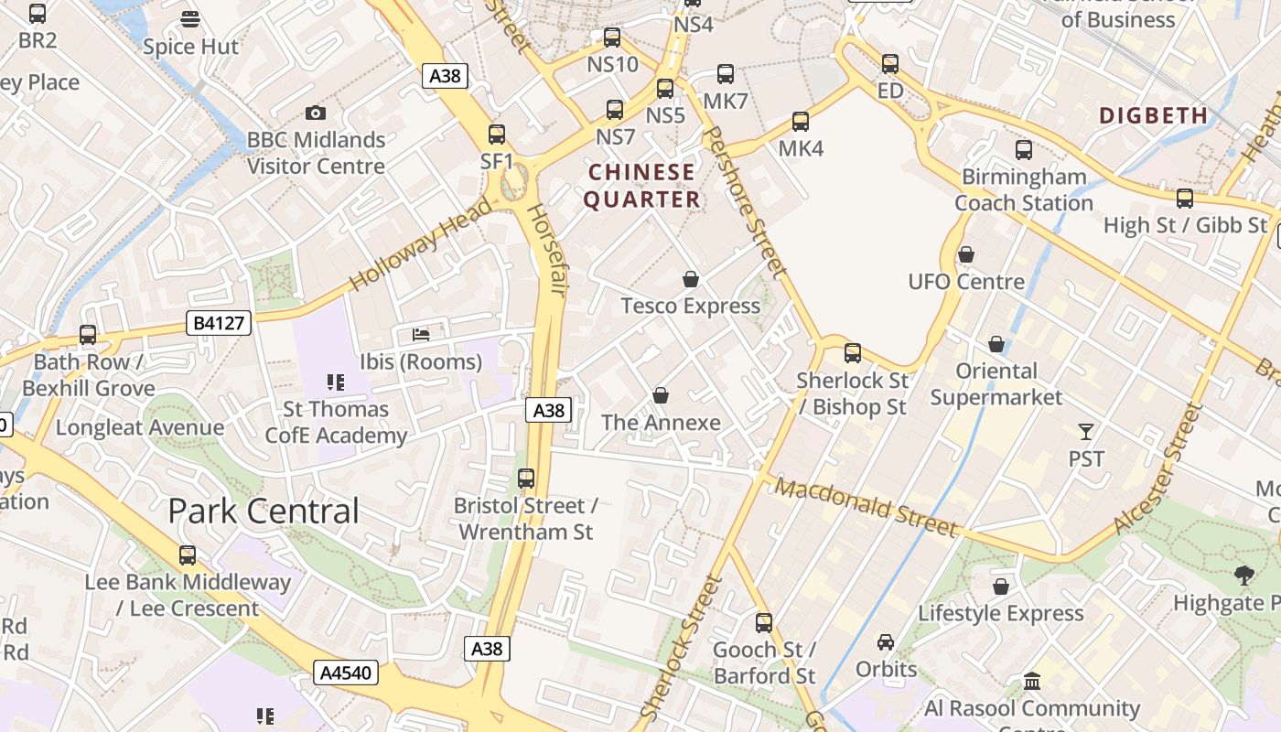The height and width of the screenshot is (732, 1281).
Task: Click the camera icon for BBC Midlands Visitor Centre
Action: pos(316,113)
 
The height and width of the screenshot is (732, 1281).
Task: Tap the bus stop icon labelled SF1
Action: pos(497,135)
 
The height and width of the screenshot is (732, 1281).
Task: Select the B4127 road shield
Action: pos(218,322)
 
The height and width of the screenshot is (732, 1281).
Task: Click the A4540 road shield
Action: pos(346,673)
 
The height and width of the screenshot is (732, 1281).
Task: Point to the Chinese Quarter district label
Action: pos(641,186)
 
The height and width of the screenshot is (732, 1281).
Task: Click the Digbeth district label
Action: pos(1153,115)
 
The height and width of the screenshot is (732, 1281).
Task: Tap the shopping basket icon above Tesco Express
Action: pos(691,279)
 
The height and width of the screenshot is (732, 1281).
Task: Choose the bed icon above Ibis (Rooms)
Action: pos(421,334)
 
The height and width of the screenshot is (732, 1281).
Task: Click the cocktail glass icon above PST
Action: pos(1086,431)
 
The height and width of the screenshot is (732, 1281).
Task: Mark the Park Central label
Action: pos(264,511)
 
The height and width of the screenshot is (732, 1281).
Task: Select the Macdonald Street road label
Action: pos(866,506)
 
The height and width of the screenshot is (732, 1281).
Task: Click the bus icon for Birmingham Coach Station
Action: pos(1024,150)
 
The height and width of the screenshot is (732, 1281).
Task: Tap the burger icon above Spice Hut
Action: pos(190,18)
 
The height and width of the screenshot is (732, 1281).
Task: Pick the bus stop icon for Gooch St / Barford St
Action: pos(764,623)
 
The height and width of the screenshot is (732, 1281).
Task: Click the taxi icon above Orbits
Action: pos(886,642)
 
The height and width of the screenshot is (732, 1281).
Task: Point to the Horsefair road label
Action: pos(545,249)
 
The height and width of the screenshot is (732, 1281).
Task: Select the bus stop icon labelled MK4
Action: pos(801,122)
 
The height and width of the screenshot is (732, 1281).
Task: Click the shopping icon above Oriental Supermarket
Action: pos(996,344)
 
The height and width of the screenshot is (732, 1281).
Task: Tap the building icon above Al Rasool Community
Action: pos(1033,681)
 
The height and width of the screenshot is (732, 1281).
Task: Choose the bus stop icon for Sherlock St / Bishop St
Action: pos(853,352)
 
